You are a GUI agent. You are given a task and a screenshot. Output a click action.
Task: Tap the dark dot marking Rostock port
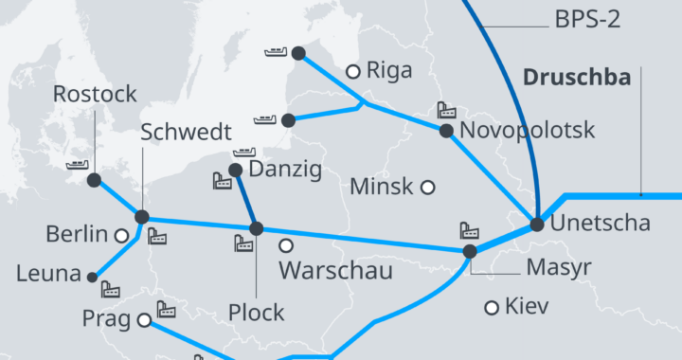[x=93, y=180]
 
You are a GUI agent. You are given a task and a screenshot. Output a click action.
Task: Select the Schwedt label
[x=181, y=132]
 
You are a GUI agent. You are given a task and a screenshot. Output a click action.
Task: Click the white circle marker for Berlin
[x=121, y=235]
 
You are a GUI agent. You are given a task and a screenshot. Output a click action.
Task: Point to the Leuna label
[x=48, y=275]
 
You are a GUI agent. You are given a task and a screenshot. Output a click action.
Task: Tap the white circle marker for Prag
[x=144, y=320]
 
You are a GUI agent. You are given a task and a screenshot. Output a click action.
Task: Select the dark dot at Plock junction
[x=256, y=228]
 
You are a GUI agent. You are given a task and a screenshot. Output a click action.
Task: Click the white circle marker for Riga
[x=352, y=70]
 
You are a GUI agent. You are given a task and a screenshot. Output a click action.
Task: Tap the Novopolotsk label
[x=527, y=131]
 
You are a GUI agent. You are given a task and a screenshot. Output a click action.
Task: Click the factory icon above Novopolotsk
[x=446, y=111]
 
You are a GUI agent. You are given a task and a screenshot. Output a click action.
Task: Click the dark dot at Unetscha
[x=537, y=225]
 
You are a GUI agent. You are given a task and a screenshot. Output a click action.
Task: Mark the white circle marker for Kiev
[x=492, y=307]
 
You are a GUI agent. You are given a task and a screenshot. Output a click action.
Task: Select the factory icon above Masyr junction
[x=469, y=230]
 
